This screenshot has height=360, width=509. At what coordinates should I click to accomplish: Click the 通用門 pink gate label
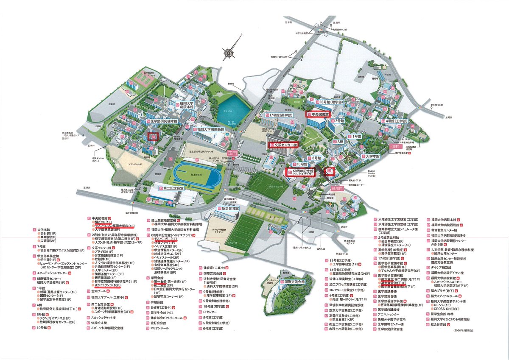pos(336,188)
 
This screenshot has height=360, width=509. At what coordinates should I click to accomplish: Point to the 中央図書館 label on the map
pos(318,114)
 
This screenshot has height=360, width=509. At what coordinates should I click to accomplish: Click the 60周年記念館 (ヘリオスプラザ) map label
pos(302,172)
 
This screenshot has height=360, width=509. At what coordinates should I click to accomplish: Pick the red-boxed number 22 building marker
pos(331,170)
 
